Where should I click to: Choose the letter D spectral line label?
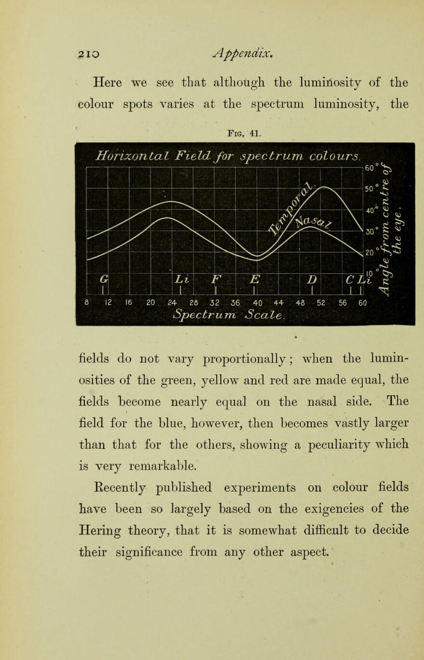pos(312,279)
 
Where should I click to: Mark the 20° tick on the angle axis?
pos(369,253)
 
